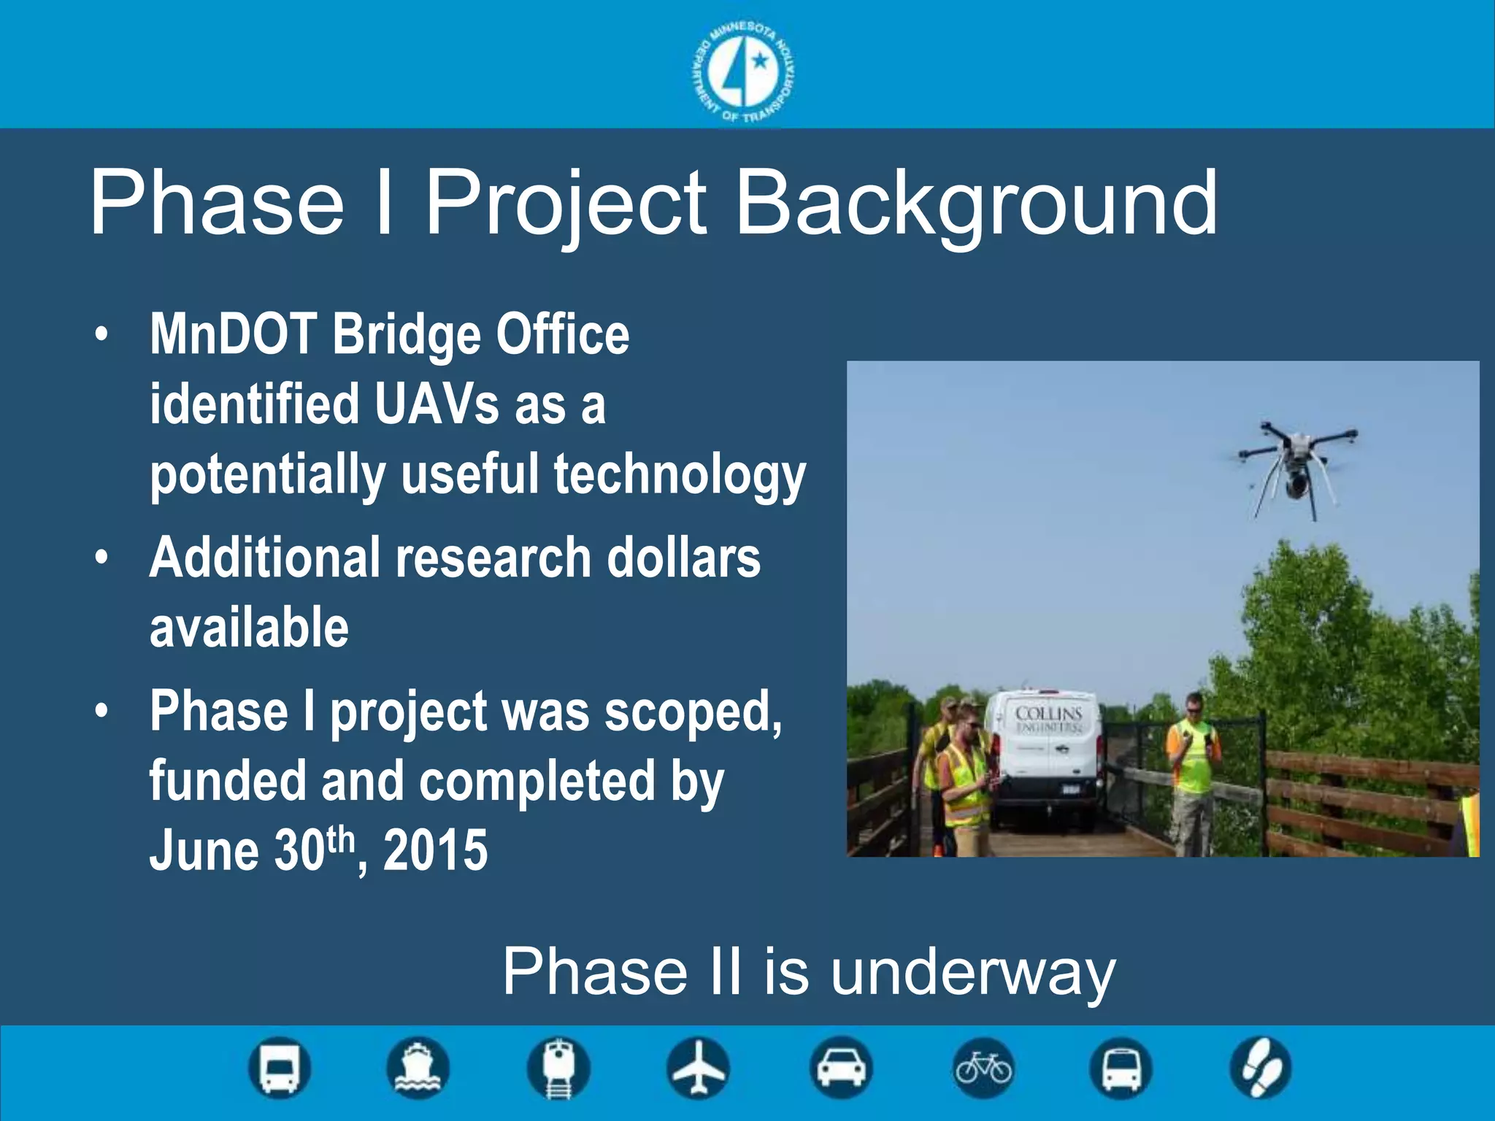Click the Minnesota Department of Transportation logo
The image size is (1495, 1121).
[x=743, y=72]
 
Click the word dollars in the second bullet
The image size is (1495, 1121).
[x=683, y=558]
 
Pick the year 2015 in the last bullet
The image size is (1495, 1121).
[x=435, y=850]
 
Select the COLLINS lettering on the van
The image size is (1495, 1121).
[x=1048, y=713]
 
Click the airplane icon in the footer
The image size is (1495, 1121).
[x=699, y=1068]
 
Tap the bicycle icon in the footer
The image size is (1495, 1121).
[x=983, y=1068]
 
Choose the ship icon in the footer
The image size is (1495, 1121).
[x=417, y=1068]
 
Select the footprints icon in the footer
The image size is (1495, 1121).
[x=1261, y=1068]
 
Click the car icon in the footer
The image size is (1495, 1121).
[x=841, y=1068]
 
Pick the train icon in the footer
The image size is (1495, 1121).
[x=558, y=1068]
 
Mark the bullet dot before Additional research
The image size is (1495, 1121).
[x=101, y=558]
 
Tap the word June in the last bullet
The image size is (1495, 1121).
[x=204, y=850]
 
